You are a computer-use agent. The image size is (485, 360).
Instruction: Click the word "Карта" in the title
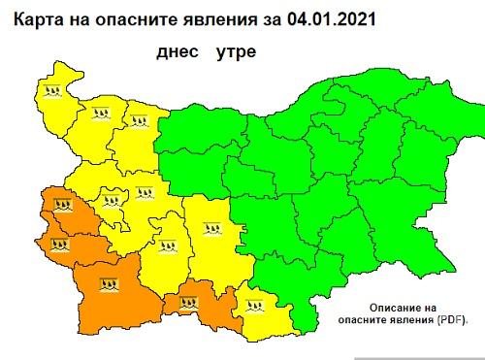coord(33,16)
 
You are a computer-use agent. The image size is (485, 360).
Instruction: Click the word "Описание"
coord(390,305)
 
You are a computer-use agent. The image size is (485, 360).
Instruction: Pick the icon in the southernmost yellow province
coord(256,311)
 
